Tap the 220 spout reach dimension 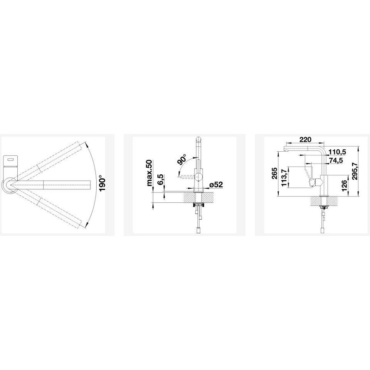coord(305,139)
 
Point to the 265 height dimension coord(274,173)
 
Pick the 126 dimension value coord(344,185)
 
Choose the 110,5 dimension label coord(338,152)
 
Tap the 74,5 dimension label coord(336,160)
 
